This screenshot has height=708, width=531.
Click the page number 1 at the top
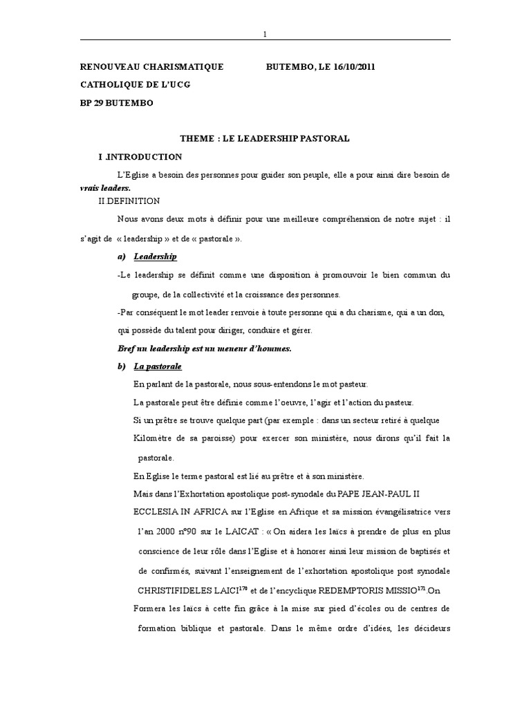(x=265, y=35)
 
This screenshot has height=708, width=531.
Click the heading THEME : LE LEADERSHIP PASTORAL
(x=265, y=138)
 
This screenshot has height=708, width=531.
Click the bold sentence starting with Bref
(x=204, y=348)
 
